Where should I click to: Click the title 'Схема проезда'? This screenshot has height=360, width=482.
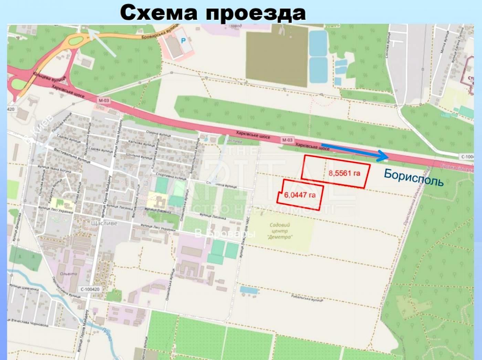(x=213, y=13)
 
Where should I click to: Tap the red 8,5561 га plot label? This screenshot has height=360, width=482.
(x=344, y=173)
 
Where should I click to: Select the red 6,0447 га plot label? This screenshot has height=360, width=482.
(x=300, y=195)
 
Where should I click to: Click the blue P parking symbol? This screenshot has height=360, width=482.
(x=183, y=41)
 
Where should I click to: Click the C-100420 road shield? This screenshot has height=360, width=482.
(x=90, y=289)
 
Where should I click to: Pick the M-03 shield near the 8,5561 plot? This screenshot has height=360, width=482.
(x=287, y=140)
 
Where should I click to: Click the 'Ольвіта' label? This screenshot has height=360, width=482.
(x=69, y=274)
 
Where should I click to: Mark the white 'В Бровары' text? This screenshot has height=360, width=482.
(x=225, y=234)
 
